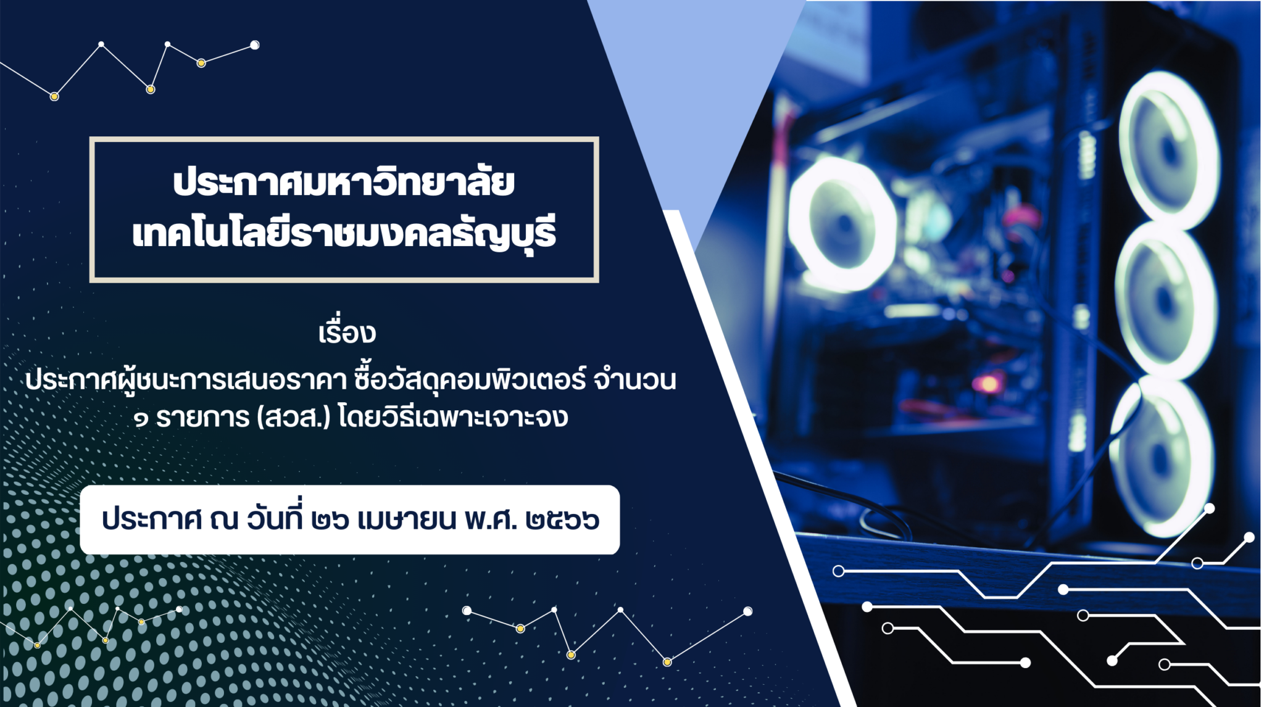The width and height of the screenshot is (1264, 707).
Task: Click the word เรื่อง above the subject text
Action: [347, 332]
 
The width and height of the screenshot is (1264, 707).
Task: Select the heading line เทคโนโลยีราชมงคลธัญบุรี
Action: [344, 233]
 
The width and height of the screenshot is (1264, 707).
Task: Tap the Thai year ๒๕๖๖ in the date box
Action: [562, 520]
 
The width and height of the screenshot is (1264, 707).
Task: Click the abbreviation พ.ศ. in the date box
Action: [491, 519]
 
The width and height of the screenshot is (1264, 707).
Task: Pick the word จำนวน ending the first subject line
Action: [634, 380]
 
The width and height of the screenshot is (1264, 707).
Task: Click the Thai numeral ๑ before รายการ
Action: [141, 420]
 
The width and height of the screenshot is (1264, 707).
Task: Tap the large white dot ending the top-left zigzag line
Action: [254, 45]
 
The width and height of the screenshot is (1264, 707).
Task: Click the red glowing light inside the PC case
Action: [988, 384]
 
